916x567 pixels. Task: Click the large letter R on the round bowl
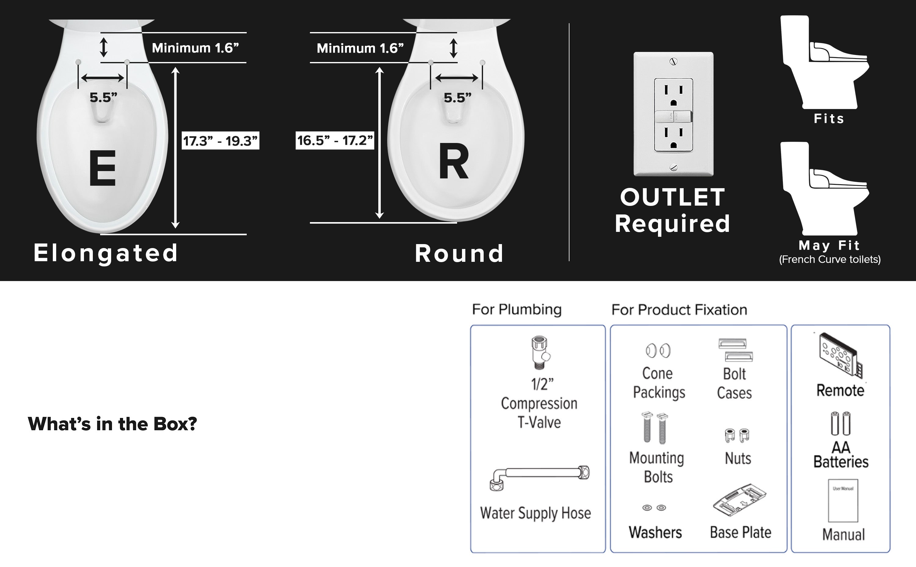[x=453, y=162]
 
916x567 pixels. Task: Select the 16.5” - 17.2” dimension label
[x=335, y=140]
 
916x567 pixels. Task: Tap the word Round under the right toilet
[x=459, y=254]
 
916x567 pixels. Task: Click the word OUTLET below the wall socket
[x=672, y=197]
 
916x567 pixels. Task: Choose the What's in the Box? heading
[x=112, y=424]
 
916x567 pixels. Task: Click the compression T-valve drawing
[x=540, y=353]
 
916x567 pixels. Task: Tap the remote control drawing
[x=840, y=355]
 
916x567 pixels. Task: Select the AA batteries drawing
[x=841, y=424]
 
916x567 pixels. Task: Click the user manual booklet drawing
[x=843, y=501]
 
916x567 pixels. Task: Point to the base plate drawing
[x=740, y=500]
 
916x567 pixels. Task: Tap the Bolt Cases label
[x=734, y=383]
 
